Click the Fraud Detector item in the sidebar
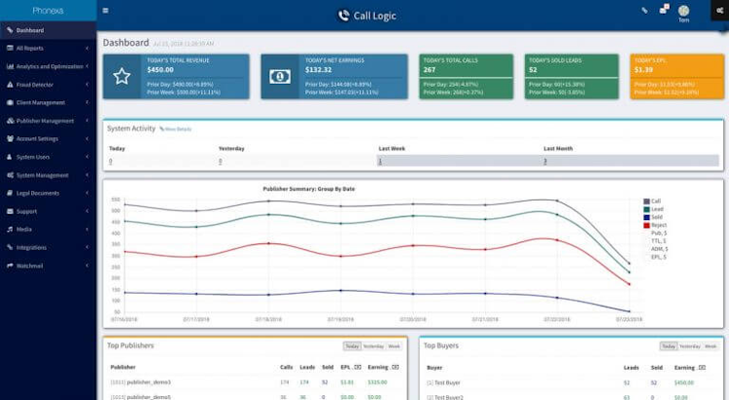click(38, 84)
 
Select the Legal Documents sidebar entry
click(38, 193)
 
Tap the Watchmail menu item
click(30, 266)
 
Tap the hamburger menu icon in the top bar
click(105, 11)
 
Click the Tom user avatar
click(683, 11)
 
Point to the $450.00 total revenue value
click(160, 70)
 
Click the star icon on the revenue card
click(121, 77)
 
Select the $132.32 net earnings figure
click(319, 70)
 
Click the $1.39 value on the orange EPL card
click(643, 70)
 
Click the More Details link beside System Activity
click(177, 128)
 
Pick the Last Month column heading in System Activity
click(559, 148)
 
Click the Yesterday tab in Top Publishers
click(373, 345)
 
